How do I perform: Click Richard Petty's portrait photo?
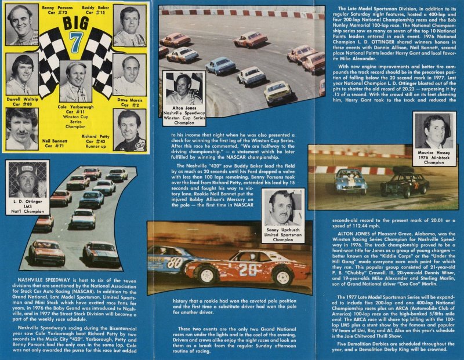click(x=129, y=130)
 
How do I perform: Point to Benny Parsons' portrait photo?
click(x=22, y=24)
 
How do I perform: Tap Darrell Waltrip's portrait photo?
click(x=22, y=74)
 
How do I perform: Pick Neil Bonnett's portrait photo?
click(x=22, y=129)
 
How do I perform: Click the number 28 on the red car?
click(x=248, y=270)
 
